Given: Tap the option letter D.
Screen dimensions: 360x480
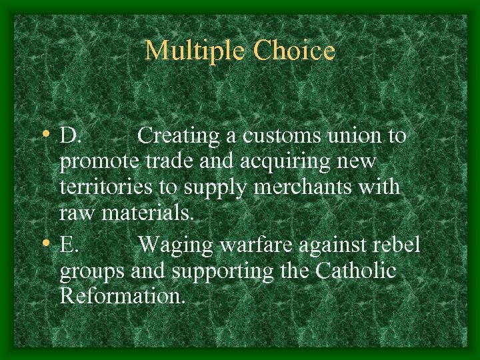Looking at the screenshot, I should tap(69, 136).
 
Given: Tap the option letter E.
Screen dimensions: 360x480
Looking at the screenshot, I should tap(69, 245).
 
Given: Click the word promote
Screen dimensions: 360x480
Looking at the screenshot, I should tap(100, 162).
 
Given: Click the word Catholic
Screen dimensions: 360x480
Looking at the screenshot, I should tap(357, 271).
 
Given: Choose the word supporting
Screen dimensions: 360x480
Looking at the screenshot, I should tap(218, 272).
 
